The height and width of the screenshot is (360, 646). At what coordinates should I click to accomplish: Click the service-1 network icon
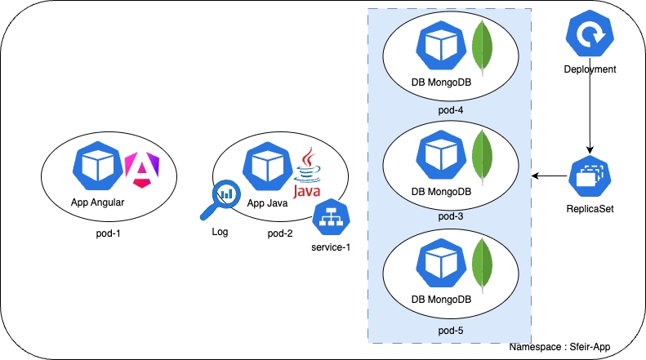tap(331, 216)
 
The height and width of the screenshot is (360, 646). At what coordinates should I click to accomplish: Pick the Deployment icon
tap(589, 37)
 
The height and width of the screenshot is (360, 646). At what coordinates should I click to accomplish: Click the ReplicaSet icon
tap(589, 175)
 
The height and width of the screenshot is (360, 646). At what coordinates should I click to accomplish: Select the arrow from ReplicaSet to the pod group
tap(550, 175)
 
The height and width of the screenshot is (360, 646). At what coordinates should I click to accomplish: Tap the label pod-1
tap(109, 233)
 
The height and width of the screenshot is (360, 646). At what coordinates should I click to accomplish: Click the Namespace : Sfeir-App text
tap(559, 347)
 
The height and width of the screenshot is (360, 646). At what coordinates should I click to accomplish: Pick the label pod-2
tap(280, 233)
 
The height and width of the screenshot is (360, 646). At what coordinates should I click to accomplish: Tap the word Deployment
tap(589, 69)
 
